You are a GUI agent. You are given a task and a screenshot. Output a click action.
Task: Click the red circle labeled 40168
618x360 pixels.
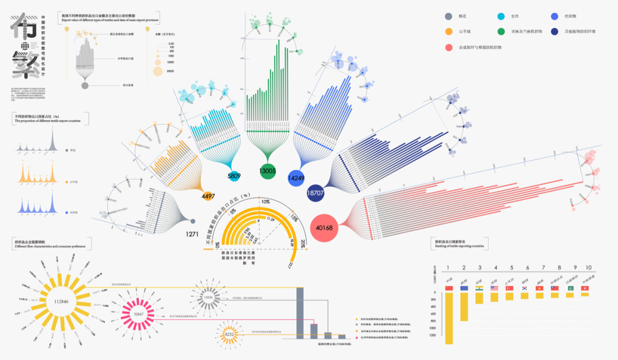pyautogui.click(x=323, y=228)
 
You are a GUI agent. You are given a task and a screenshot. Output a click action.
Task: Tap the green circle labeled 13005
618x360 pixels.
pyautogui.click(x=267, y=171)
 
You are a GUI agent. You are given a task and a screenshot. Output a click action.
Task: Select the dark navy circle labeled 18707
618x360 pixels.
pyautogui.click(x=315, y=193)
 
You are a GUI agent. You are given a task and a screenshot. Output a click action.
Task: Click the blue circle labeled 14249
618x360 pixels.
pyautogui.click(x=296, y=178)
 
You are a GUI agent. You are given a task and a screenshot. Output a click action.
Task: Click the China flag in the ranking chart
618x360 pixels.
pyautogui.click(x=449, y=288)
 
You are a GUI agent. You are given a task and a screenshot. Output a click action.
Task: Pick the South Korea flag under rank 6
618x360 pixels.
pyautogui.click(x=524, y=288)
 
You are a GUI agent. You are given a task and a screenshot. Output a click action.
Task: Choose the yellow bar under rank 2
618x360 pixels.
pyautogui.click(x=464, y=307)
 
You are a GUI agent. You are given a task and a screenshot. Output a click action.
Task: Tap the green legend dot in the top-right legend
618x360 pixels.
pyautogui.click(x=501, y=31)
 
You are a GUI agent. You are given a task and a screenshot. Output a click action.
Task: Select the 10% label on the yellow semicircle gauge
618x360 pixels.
pyautogui.click(x=265, y=202)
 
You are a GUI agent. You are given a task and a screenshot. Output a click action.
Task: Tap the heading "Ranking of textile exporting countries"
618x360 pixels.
pyautogui.click(x=460, y=246)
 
